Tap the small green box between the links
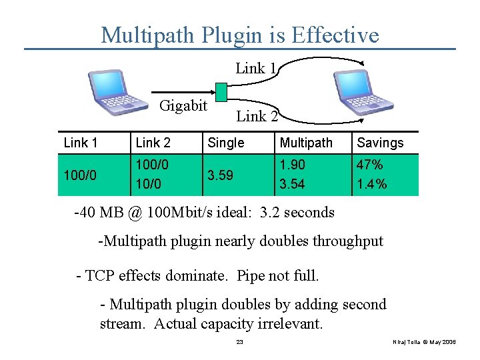click(221, 91)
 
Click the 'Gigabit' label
click(183, 105)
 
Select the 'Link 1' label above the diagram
click(256, 68)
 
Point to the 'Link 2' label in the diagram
click(257, 117)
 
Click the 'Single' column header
click(226, 143)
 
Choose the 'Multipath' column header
click(306, 143)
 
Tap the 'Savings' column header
click(380, 143)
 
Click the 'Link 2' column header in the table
click(153, 143)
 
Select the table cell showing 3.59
click(221, 175)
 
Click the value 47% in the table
click(370, 165)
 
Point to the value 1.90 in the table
click(293, 165)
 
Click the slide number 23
click(240, 342)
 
